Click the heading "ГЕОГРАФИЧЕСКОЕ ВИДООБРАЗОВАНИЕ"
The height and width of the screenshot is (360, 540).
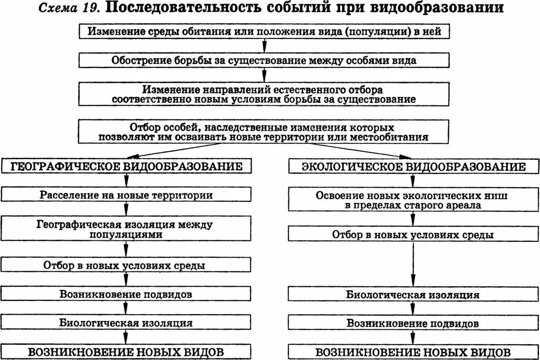pyautogui.click(x=126, y=167)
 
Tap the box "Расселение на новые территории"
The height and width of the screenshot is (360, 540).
pyautogui.click(x=126, y=195)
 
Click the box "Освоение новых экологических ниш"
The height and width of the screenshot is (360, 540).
pyautogui.click(x=413, y=200)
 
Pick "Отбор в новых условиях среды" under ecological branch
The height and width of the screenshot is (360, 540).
pyautogui.click(x=413, y=235)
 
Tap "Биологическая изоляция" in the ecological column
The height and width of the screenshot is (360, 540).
pyautogui.click(x=413, y=295)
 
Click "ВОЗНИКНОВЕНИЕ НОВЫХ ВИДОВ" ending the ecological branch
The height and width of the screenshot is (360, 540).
pyautogui.click(x=413, y=352)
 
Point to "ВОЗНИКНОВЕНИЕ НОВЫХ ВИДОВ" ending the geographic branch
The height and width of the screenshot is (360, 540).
pyautogui.click(x=126, y=352)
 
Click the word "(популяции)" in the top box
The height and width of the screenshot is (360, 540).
pyautogui.click(x=378, y=32)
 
